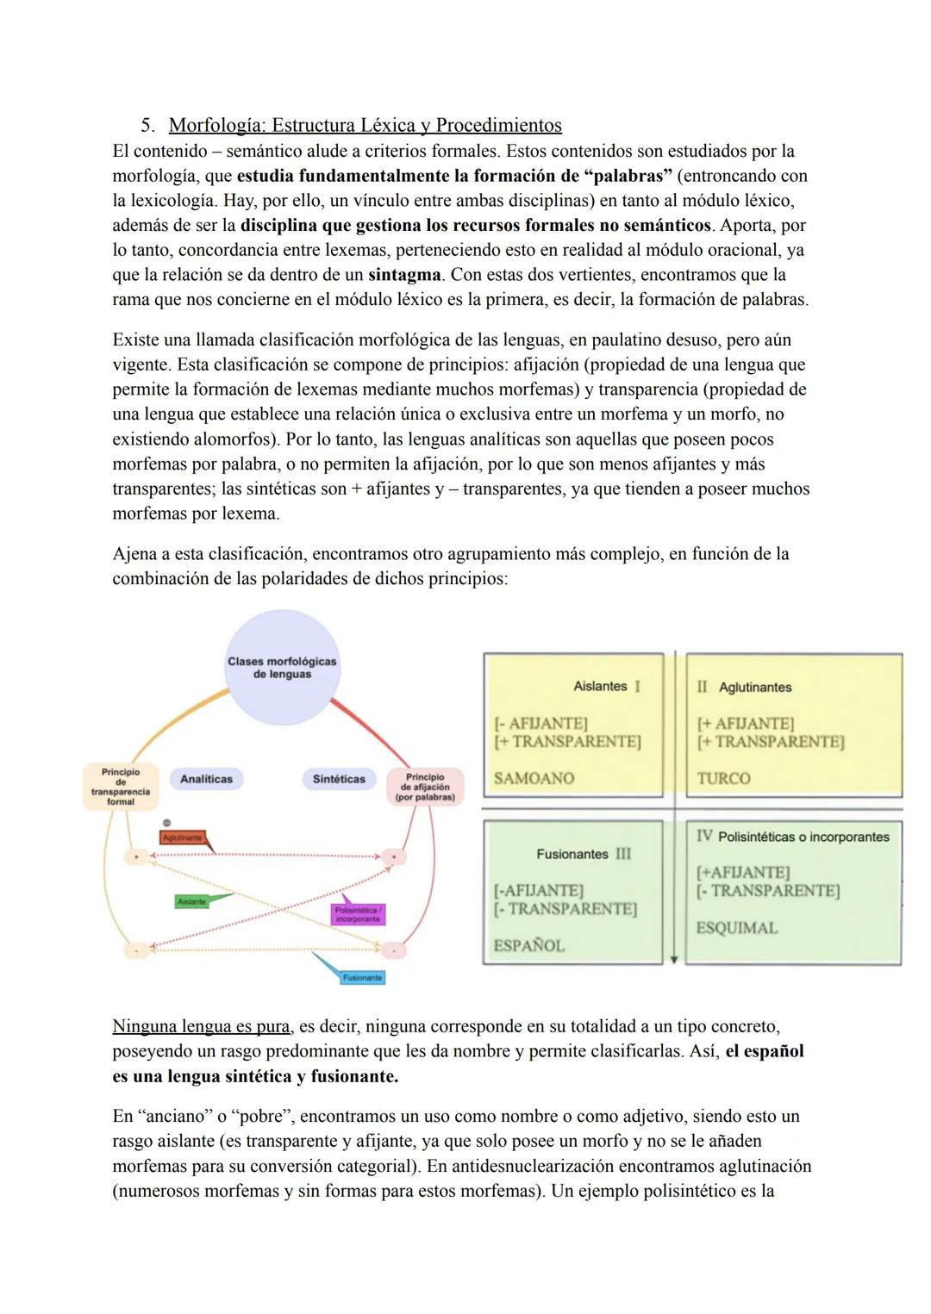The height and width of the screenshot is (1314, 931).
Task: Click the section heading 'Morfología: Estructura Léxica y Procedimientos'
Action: coord(365,126)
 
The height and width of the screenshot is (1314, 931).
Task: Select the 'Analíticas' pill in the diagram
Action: coord(206,779)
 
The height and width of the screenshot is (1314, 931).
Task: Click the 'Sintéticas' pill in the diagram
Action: coord(339,779)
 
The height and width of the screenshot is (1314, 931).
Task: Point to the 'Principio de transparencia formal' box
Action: coord(120,786)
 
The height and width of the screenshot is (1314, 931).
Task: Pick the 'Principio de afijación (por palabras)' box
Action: coord(425,787)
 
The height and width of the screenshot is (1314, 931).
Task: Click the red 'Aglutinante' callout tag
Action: coord(183,838)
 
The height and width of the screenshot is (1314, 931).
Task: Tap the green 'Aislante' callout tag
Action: coord(192,901)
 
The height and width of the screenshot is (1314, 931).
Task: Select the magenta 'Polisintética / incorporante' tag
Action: coord(357,914)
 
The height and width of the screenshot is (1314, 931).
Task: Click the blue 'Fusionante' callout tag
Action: coord(362,978)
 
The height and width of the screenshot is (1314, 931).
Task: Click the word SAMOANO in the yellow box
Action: coord(534,778)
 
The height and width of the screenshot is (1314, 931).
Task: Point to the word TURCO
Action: coord(723,778)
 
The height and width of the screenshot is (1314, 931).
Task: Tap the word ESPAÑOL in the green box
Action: coord(528,945)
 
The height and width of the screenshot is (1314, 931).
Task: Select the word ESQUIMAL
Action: coord(736,928)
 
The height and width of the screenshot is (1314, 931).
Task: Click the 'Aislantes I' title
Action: coord(606,687)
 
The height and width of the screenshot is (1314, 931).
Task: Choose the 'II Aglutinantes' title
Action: coord(744,688)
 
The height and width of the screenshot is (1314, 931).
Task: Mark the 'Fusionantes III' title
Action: coord(584,854)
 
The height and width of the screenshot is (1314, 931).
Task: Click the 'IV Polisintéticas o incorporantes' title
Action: coord(792,837)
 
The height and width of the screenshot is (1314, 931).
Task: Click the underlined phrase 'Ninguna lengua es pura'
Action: coord(201,1026)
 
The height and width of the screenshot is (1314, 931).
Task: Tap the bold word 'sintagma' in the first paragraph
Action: coord(404,276)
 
